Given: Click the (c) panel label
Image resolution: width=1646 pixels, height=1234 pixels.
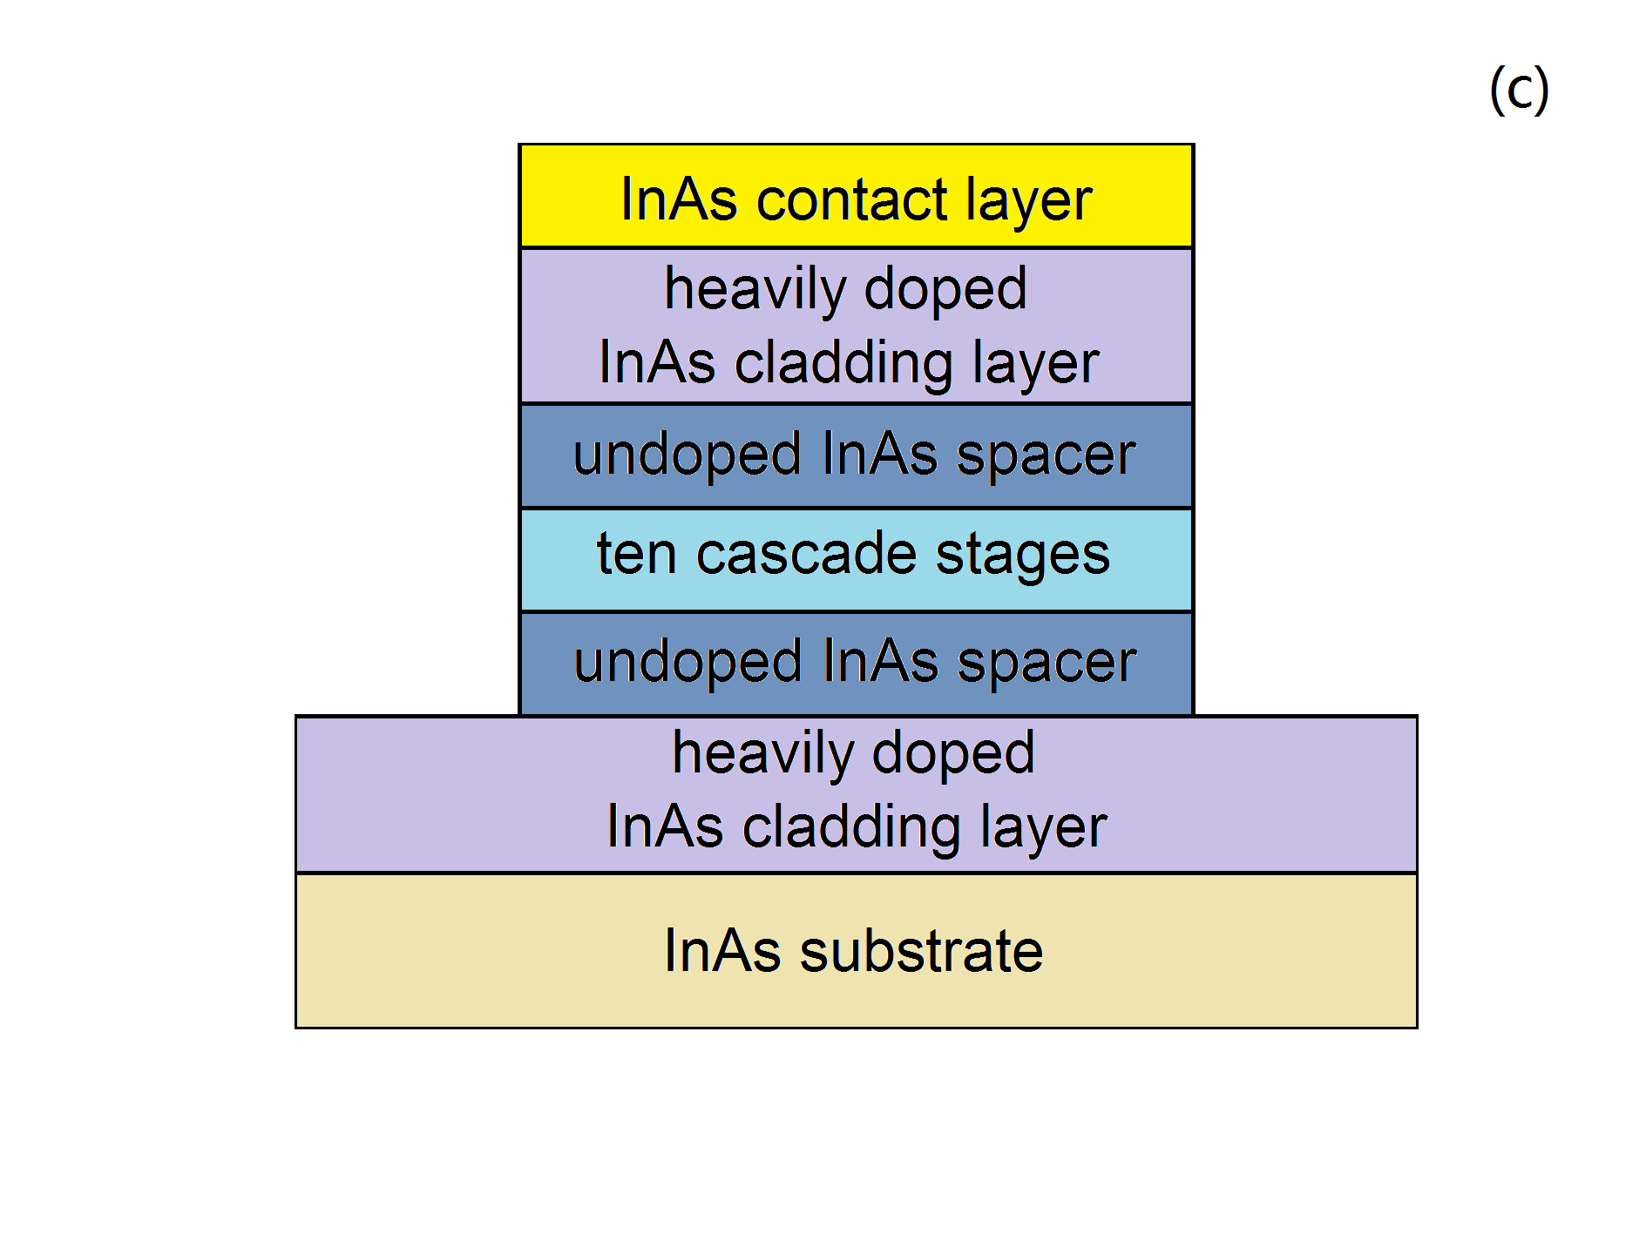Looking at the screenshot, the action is pyautogui.click(x=1519, y=90).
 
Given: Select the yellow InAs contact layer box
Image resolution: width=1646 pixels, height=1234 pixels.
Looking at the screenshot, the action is pyautogui.click(x=856, y=196).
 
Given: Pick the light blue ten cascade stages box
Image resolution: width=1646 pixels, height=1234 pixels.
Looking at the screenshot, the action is pyautogui.click(x=856, y=560).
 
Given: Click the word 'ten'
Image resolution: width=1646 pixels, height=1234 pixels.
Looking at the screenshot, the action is pyautogui.click(x=636, y=554).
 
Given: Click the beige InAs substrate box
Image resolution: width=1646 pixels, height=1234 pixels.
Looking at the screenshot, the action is pyautogui.click(x=856, y=950).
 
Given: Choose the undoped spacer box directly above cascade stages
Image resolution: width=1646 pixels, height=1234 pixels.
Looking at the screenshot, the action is pyautogui.click(x=856, y=455).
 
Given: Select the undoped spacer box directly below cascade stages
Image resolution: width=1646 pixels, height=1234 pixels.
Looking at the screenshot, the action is pyautogui.click(x=856, y=664).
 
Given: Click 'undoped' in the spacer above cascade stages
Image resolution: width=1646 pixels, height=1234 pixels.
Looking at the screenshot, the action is pyautogui.click(x=687, y=455).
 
